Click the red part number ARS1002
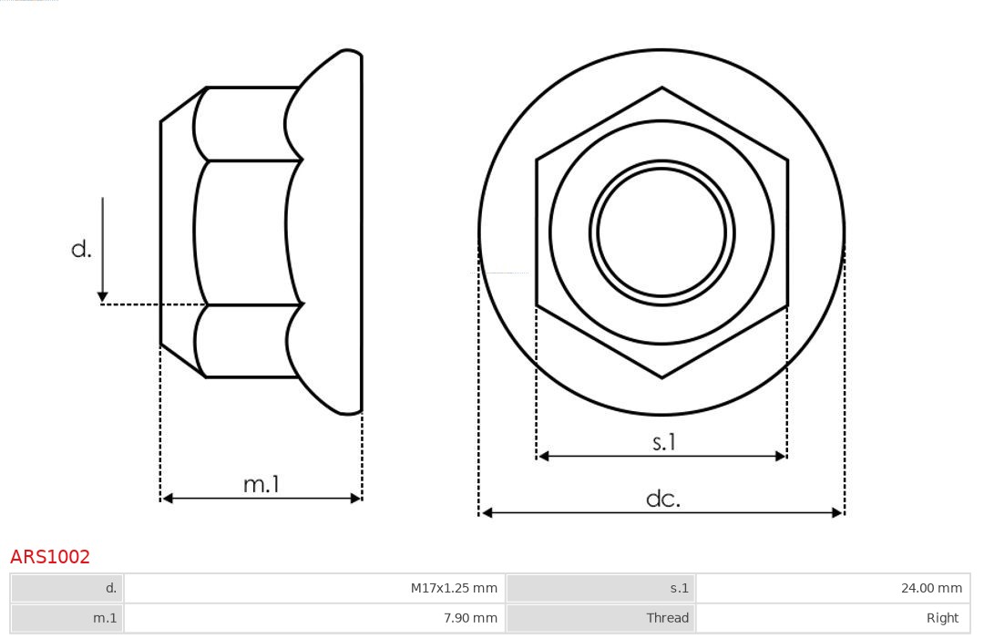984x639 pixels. tap(50, 556)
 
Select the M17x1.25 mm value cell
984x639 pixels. tap(314, 588)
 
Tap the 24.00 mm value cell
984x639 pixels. tap(834, 588)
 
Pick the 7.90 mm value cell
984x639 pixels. tap(314, 618)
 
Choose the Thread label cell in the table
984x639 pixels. tap(601, 618)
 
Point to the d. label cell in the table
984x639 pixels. tap(67, 588)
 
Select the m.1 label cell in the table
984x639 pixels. tap(67, 618)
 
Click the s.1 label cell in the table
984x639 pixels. tap(601, 588)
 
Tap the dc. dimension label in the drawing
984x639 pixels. tap(663, 499)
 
